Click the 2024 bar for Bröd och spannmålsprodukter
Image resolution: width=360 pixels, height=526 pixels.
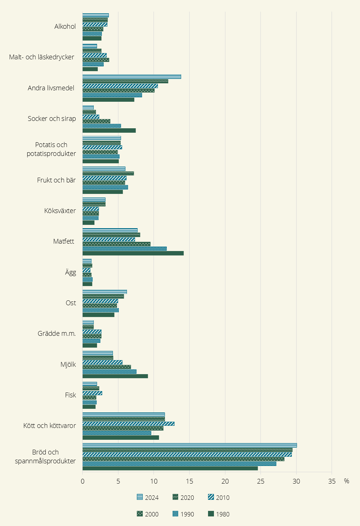[x=190, y=445]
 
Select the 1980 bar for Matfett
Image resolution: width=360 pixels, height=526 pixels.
[x=133, y=253]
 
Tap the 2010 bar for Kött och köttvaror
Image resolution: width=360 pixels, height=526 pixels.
[x=128, y=424]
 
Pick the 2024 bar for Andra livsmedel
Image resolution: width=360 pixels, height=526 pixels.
[x=132, y=77]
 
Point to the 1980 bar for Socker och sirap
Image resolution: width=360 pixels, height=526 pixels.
[x=109, y=130]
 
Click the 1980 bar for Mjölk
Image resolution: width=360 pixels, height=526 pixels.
[x=115, y=376]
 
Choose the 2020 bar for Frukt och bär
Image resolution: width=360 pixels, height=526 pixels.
[x=108, y=174]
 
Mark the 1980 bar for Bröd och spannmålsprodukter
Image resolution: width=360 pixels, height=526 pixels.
[x=170, y=468]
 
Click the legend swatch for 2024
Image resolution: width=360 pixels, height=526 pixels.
[x=140, y=497]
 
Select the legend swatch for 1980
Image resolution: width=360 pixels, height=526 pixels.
[x=211, y=514]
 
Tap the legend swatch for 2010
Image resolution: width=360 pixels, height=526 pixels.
[x=211, y=497]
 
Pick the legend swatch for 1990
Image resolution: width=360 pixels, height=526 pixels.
[x=175, y=514]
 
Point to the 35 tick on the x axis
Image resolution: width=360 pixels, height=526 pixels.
[x=332, y=481]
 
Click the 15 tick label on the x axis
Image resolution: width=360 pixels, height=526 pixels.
[x=189, y=481]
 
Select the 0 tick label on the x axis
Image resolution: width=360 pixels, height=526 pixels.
[x=83, y=481]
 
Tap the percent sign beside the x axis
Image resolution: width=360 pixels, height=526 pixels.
[x=346, y=481]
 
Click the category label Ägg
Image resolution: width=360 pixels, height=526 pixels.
[x=70, y=272]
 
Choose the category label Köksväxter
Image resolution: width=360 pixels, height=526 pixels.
[x=60, y=211]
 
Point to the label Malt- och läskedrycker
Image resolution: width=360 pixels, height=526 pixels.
[x=42, y=57]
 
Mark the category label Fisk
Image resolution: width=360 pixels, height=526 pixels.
[x=70, y=395]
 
